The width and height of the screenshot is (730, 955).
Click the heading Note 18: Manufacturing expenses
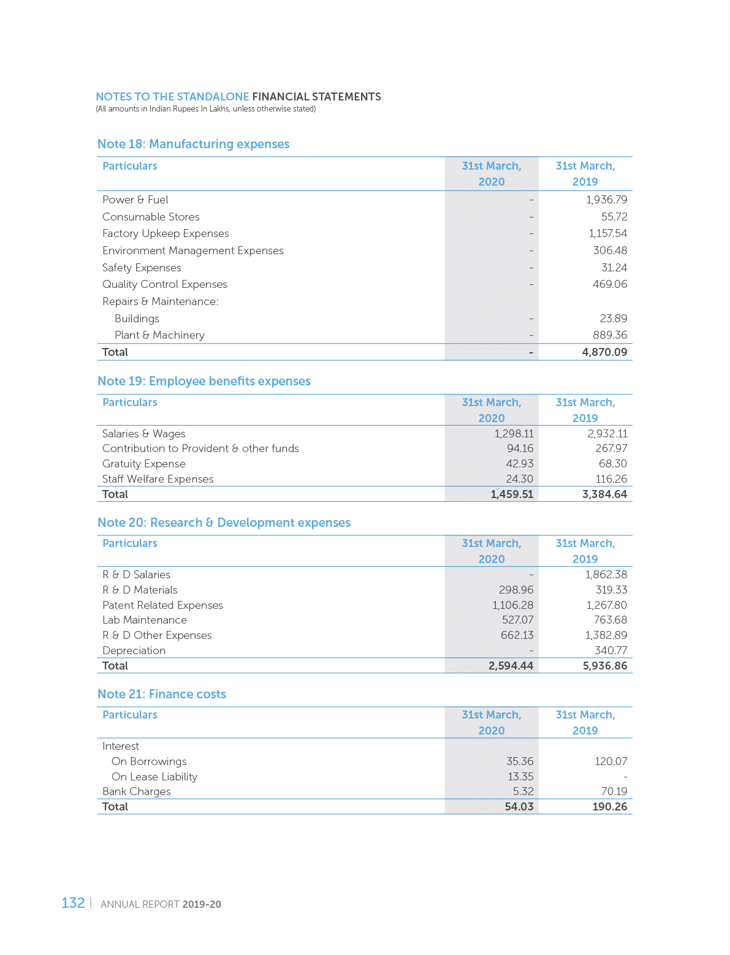pyautogui.click(x=193, y=144)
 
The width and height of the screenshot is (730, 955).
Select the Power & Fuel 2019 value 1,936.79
pyautogui.click(x=606, y=200)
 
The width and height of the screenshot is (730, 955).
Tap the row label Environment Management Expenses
pyautogui.click(x=192, y=251)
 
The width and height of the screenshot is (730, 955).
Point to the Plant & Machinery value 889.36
pyautogui.click(x=610, y=335)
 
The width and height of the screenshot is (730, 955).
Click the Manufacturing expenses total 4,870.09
pyautogui.click(x=604, y=352)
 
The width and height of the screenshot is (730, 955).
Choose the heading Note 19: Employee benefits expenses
pyautogui.click(x=203, y=381)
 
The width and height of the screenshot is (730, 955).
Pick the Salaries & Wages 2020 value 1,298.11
pyautogui.click(x=514, y=434)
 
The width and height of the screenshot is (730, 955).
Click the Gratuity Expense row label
pyautogui.click(x=143, y=464)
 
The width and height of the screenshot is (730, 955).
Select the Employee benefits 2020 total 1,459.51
pyautogui.click(x=512, y=494)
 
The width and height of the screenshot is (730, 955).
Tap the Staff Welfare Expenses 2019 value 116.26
pyautogui.click(x=611, y=479)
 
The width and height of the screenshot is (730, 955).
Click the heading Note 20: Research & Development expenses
pyautogui.click(x=224, y=523)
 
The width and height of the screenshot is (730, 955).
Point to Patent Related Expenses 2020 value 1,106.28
pyautogui.click(x=512, y=605)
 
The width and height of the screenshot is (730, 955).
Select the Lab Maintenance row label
pyautogui.click(x=144, y=620)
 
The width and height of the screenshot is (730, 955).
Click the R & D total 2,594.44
pyautogui.click(x=511, y=666)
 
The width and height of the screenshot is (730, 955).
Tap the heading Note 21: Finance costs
pyautogui.click(x=161, y=694)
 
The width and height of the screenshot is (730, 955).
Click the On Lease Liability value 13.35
pyautogui.click(x=520, y=777)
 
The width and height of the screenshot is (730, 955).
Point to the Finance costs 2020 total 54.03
pyautogui.click(x=519, y=807)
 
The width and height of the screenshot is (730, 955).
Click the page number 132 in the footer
pyautogui.click(x=73, y=903)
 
